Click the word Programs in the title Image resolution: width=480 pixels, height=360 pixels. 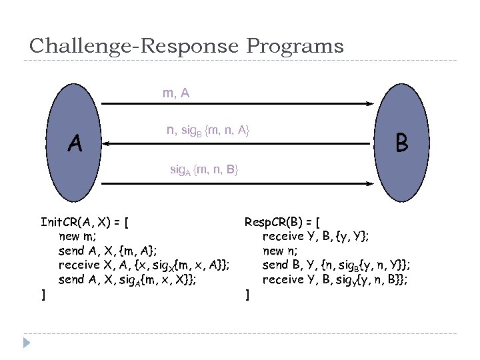295,46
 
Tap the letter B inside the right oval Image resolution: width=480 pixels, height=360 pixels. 401,142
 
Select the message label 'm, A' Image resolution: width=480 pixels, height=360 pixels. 176,94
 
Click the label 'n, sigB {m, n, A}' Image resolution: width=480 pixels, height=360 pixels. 208,131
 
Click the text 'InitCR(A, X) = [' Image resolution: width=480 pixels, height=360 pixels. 85,222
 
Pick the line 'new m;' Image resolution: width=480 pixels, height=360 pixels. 77,236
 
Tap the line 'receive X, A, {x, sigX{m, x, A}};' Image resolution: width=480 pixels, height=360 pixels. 145,265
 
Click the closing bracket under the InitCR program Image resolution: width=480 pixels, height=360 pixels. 43,294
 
